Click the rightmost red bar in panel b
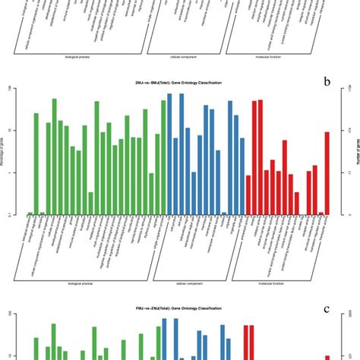[327, 173]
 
